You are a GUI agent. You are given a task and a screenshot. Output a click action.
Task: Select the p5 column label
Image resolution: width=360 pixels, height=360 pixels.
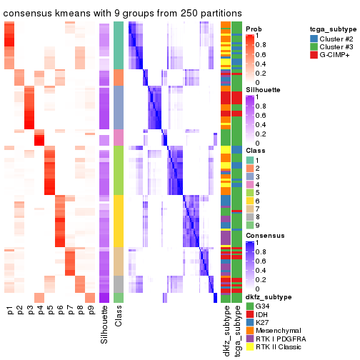50,311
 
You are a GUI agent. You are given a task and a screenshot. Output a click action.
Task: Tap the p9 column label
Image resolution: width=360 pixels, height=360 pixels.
90,311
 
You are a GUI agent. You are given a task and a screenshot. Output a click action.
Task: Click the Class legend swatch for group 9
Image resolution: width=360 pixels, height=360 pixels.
250,216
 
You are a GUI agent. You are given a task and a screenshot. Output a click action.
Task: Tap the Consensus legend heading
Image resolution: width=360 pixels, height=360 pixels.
264,235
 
